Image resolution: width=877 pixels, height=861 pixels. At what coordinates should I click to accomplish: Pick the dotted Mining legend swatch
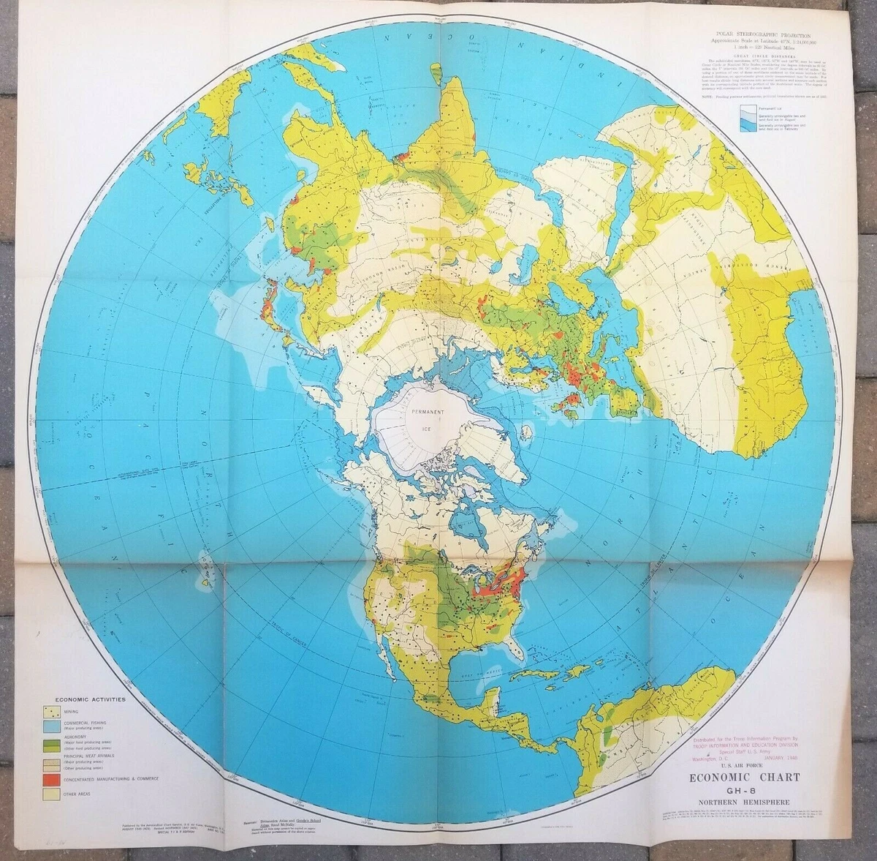coord(53,711)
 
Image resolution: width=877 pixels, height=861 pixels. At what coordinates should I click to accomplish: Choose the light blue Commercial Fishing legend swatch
coord(53,726)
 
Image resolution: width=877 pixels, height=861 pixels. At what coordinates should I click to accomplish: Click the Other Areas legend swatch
coord(53,793)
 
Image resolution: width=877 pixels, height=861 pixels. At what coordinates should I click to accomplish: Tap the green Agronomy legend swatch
coord(53,743)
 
